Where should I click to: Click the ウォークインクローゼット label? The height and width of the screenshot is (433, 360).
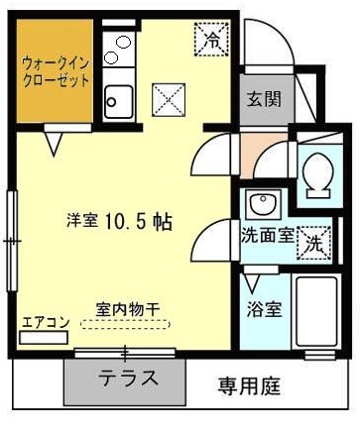tap(56, 72)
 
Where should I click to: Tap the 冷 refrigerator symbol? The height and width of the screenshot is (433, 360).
tap(211, 39)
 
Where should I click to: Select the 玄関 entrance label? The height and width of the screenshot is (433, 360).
tap(264, 99)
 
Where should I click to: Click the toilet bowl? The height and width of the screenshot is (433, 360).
tap(317, 175)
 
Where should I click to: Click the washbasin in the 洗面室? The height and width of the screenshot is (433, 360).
tap(263, 204)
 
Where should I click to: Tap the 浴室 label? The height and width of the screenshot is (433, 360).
tap(264, 309)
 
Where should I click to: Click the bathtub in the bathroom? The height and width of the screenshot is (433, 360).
tap(316, 312)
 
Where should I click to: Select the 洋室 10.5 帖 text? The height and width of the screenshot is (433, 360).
tap(119, 222)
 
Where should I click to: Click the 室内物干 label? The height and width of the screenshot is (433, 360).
tap(128, 310)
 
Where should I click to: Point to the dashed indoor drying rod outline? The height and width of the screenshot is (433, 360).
tap(125, 324)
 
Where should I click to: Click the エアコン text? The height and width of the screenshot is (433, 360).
tap(46, 322)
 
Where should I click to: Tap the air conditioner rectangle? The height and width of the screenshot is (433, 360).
tap(44, 338)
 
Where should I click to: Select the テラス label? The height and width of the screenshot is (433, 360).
tap(129, 378)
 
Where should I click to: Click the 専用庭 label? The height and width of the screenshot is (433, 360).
tap(249, 386)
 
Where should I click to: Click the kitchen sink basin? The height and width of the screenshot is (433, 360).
tap(119, 102)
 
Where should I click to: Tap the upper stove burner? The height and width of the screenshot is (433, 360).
tap(124, 42)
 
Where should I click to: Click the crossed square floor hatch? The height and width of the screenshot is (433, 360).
tap(169, 100)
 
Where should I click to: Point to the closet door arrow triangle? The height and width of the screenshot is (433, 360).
tap(54, 144)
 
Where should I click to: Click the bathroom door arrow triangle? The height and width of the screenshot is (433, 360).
tap(252, 283)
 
